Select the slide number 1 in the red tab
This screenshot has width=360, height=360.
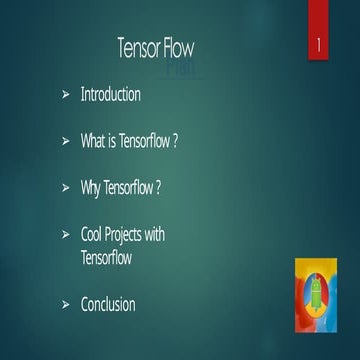[x=317, y=46]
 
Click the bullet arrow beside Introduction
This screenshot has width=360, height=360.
[x=65, y=96]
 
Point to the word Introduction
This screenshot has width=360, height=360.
[x=110, y=95]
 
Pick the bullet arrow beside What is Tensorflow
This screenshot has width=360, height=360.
[x=65, y=142]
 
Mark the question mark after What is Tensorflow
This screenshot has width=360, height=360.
[x=176, y=141]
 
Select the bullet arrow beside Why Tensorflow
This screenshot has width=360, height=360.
[x=65, y=188]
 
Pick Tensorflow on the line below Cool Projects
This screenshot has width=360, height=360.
[x=106, y=257]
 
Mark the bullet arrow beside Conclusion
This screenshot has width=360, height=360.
[x=65, y=303]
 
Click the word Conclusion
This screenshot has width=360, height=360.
[x=107, y=303]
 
